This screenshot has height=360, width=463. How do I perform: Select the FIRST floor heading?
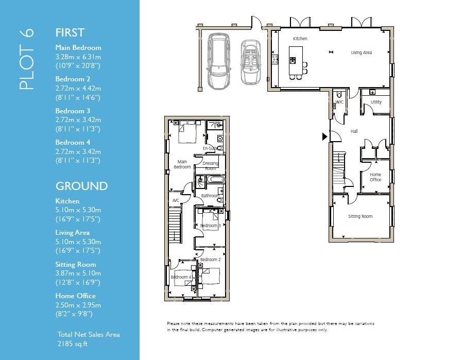[x=70, y=32]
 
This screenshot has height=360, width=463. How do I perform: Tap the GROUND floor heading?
[x=81, y=186]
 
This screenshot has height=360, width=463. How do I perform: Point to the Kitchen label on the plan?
[x=300, y=39]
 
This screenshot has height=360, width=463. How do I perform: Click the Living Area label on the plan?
[x=361, y=53]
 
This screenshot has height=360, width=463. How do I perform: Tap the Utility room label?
[x=376, y=102]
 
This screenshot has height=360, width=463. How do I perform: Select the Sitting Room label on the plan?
[x=360, y=216]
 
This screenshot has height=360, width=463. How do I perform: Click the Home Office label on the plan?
[x=375, y=177]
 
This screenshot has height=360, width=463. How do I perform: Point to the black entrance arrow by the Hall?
[x=324, y=136]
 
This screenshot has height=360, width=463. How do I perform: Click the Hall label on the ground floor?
[x=354, y=131]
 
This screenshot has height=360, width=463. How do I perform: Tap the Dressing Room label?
[x=210, y=166]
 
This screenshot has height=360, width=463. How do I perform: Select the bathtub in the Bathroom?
[x=215, y=180]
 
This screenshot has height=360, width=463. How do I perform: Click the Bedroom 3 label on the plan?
[x=210, y=226]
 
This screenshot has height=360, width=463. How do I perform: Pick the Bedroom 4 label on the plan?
[x=181, y=278]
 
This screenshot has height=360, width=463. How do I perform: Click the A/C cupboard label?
[x=176, y=200]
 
